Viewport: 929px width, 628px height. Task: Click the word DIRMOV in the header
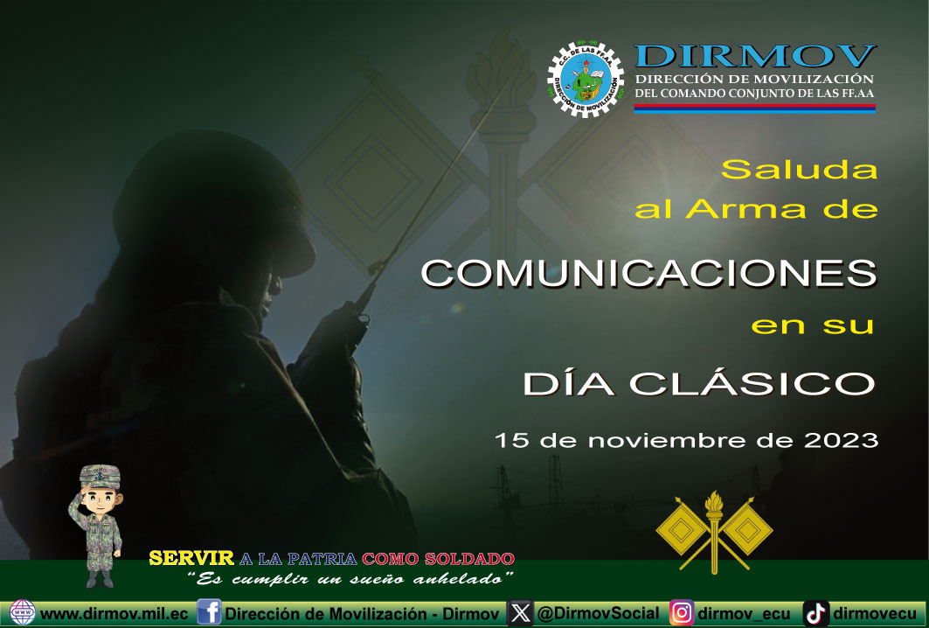point(755,56)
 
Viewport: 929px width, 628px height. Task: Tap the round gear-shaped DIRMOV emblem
point(586,79)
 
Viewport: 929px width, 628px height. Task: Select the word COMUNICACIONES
point(648,274)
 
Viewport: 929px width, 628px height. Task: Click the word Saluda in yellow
point(799,169)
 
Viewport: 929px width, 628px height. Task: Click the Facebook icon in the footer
point(209,612)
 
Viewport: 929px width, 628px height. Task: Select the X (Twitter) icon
point(520,613)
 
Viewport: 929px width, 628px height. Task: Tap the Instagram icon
point(682,612)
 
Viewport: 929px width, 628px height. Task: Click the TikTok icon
point(816,613)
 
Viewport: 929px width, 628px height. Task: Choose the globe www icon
point(23,612)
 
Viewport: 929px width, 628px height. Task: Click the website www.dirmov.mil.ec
point(114,613)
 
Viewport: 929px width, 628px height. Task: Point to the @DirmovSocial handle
point(598,613)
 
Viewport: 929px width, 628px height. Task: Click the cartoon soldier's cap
point(100,477)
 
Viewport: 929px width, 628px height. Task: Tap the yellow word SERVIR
point(191,558)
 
